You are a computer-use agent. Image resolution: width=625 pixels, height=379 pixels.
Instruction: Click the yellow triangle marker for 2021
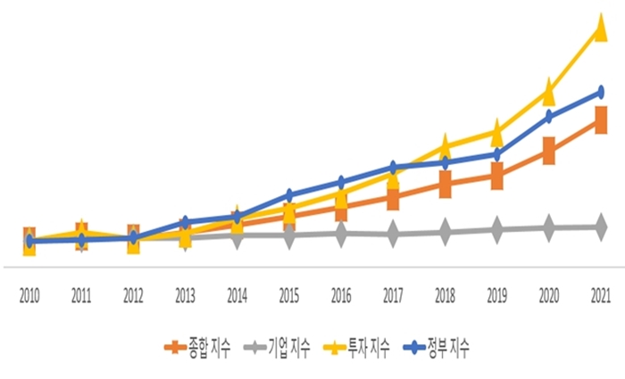click(600, 29)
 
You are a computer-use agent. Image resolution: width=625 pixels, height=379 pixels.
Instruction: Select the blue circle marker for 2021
click(600, 92)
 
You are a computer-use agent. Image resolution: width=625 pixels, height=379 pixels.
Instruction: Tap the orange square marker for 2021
click(600, 120)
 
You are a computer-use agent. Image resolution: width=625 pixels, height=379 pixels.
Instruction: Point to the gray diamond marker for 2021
click(600, 227)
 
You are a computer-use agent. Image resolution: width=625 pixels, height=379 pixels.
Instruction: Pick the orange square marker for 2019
click(496, 176)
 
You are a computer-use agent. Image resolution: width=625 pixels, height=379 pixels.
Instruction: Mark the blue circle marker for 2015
click(289, 194)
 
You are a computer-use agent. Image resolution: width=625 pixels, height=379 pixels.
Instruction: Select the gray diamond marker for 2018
click(445, 233)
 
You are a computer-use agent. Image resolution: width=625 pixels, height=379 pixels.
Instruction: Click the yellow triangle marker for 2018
click(445, 145)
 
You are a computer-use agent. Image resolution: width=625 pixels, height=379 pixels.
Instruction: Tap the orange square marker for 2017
click(393, 198)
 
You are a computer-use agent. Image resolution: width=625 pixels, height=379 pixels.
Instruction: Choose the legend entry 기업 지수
click(279, 347)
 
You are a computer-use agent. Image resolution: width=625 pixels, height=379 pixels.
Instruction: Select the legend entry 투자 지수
click(358, 347)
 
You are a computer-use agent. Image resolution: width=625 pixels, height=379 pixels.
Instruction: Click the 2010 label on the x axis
click(29, 293)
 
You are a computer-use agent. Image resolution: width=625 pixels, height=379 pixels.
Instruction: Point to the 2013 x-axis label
click(185, 293)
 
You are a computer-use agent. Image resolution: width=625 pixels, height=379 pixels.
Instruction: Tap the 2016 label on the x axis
click(341, 293)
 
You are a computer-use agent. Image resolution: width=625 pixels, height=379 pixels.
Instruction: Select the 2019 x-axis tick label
click(496, 293)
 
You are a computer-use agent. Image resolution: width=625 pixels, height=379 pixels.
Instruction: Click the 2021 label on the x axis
click(600, 293)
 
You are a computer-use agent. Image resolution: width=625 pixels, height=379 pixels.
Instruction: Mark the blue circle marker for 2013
click(185, 222)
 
